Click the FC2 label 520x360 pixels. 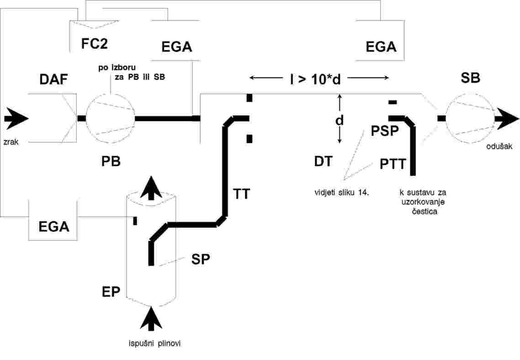[x=95, y=43]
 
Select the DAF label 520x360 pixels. [x=54, y=79]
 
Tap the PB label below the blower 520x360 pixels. [x=111, y=161]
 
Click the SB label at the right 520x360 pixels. [x=470, y=78]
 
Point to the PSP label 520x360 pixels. [x=385, y=131]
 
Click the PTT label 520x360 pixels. [x=393, y=164]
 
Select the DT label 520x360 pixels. [x=324, y=161]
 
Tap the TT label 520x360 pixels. [x=241, y=194]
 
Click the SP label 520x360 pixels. [x=201, y=259]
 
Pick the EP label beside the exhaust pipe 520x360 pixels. [x=111, y=292]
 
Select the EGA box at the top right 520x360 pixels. [x=380, y=41]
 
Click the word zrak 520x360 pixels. [x=11, y=142]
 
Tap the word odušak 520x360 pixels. [x=499, y=146]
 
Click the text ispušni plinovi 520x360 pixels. [x=155, y=344]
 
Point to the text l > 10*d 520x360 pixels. [x=315, y=79]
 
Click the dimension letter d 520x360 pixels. [x=339, y=120]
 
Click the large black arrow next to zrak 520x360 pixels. [x=16, y=118]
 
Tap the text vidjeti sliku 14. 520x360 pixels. [x=342, y=193]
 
